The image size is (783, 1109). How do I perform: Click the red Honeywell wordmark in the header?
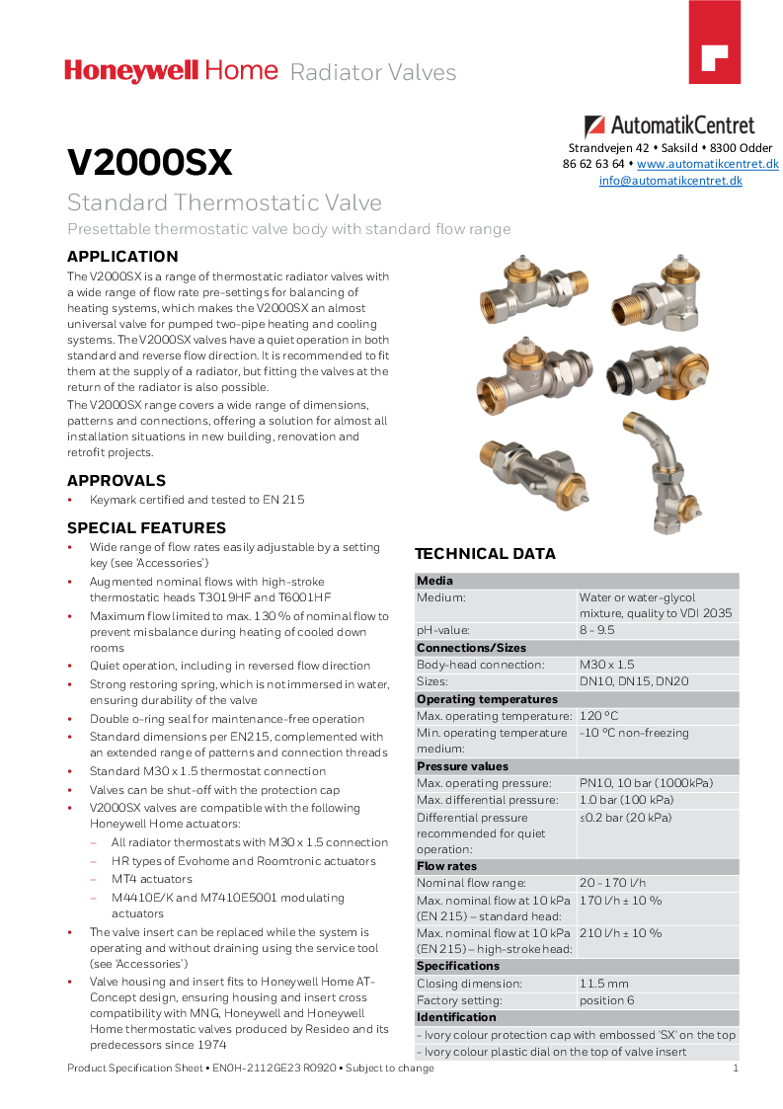(132, 70)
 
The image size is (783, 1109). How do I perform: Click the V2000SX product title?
(149, 163)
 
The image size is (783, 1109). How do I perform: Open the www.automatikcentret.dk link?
(708, 164)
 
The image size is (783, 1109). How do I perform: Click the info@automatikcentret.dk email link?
(670, 181)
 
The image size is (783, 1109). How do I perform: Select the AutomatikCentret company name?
(681, 125)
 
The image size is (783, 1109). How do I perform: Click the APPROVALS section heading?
(117, 481)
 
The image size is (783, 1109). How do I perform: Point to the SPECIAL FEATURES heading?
(146, 528)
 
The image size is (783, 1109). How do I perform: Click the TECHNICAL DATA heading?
(485, 554)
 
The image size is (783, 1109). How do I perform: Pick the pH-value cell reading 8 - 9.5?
(597, 630)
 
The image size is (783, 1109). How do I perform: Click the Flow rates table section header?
(447, 866)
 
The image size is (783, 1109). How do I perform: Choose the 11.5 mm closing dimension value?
(604, 984)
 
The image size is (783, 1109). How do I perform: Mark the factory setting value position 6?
(607, 1000)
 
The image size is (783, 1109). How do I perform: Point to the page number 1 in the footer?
(736, 1069)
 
